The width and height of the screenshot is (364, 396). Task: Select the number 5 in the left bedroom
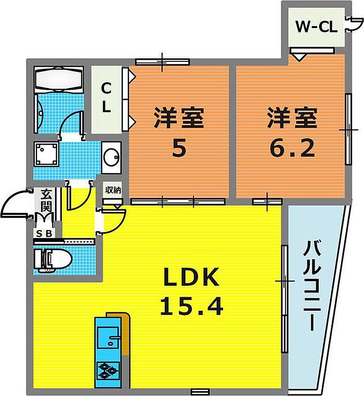click(178, 149)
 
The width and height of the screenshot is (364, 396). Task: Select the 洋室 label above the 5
click(178, 119)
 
